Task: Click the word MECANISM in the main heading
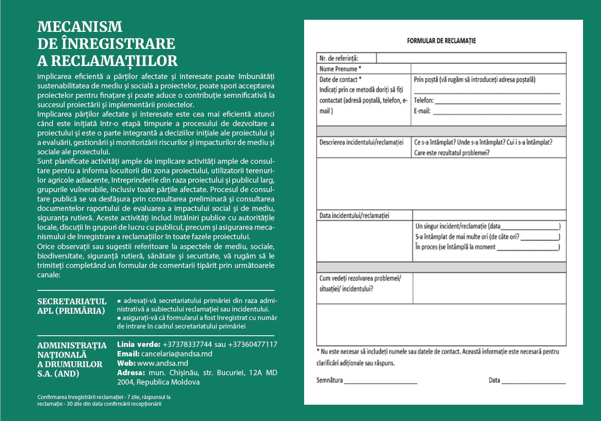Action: [80, 27]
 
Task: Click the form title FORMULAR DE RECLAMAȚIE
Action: [441, 41]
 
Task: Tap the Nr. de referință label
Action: [339, 58]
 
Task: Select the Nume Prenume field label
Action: [340, 69]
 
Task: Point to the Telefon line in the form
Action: [487, 101]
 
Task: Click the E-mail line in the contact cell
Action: [487, 111]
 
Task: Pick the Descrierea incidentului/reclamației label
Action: [362, 142]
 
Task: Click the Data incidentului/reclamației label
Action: [354, 215]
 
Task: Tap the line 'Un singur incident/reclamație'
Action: [487, 226]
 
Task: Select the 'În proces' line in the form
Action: [487, 247]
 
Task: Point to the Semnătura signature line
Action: [367, 381]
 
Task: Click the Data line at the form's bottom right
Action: [527, 381]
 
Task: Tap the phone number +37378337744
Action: [187, 345]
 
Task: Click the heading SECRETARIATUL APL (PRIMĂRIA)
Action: [72, 306]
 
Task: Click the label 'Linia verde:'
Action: [138, 345]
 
